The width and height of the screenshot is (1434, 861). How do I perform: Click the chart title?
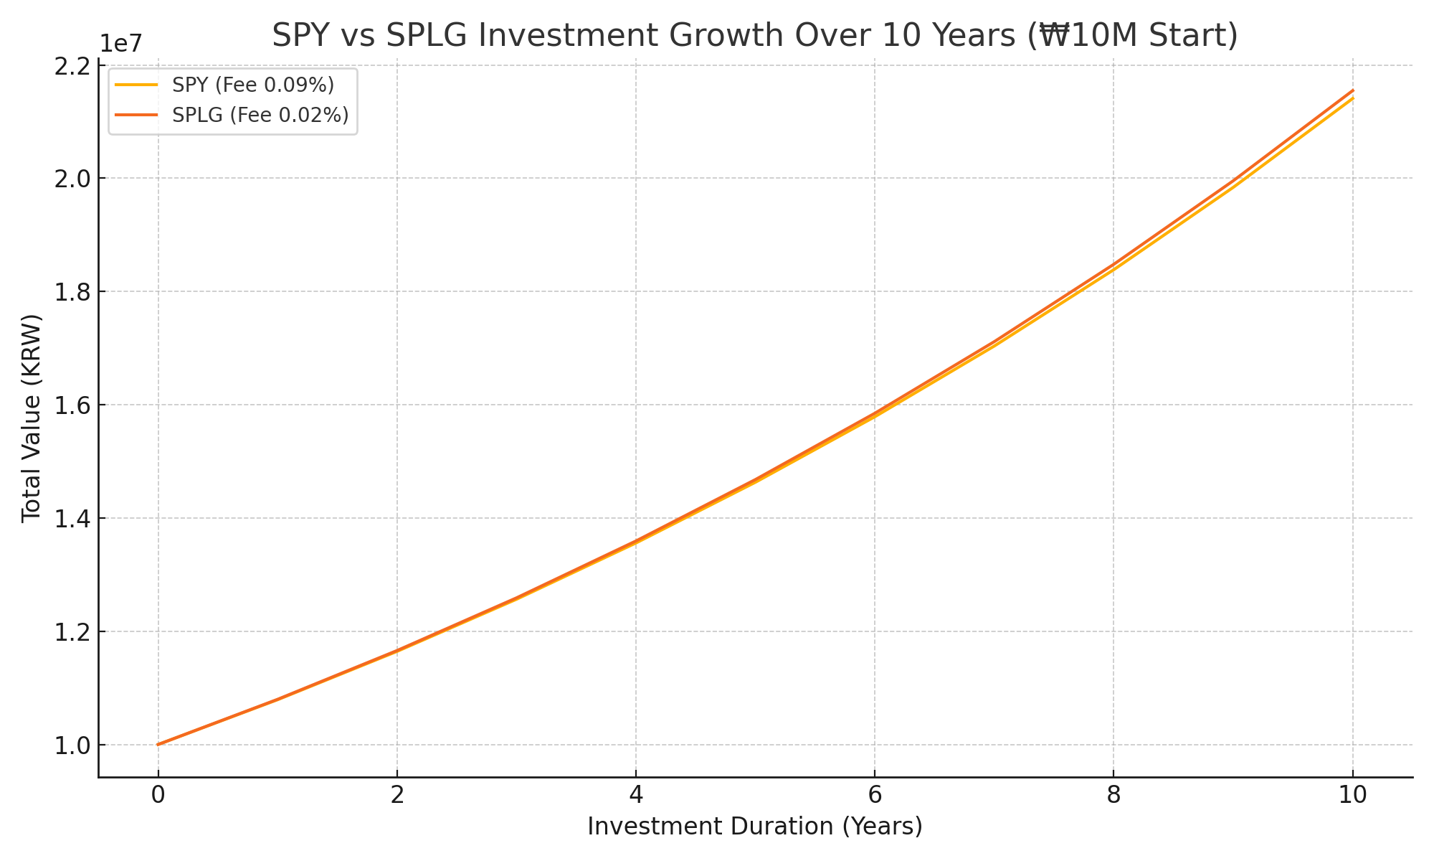point(754,36)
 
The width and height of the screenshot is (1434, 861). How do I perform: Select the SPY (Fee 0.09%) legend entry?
point(253,85)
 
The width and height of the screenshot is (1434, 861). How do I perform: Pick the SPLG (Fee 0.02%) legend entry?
point(260,115)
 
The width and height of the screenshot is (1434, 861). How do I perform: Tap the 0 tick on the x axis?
point(158,795)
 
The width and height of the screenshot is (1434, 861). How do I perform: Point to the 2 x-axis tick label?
point(397,795)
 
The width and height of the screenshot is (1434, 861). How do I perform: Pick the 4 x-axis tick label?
point(635,795)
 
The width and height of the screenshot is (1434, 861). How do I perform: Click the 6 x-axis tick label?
point(874,795)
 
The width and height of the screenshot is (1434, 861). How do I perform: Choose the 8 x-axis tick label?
point(1113,795)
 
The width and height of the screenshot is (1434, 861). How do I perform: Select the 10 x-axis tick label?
point(1352,795)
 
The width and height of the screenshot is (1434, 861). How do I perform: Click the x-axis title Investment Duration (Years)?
point(754,827)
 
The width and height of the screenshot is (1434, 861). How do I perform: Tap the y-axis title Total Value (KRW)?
point(31,419)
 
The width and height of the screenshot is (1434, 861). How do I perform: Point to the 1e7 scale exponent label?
point(120,43)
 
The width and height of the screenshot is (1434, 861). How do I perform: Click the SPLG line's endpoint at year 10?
point(1352,90)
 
